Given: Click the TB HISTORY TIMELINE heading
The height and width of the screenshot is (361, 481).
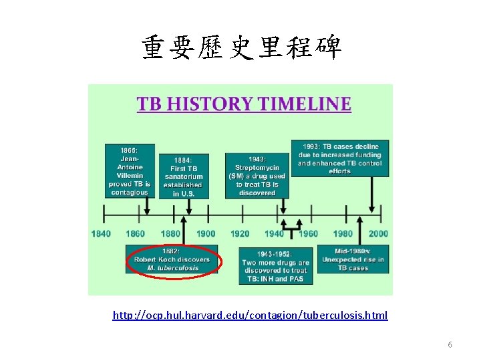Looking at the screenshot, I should (244, 104).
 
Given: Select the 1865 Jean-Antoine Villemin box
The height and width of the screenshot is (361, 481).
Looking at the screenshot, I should (130, 170).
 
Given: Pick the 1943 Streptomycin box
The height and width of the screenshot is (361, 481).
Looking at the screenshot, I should (257, 176).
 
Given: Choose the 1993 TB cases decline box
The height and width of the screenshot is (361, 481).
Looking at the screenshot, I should (340, 158).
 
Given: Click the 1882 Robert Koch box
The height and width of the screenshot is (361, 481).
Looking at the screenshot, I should (172, 259).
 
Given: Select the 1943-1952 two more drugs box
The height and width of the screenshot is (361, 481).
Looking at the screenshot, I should (276, 266).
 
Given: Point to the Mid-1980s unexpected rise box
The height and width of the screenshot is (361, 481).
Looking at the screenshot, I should (353, 259).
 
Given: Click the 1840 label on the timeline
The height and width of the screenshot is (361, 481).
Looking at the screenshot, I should (101, 233).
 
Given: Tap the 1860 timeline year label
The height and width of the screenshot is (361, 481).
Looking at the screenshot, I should (136, 233).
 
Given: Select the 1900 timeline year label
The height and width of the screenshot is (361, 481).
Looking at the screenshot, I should (206, 233).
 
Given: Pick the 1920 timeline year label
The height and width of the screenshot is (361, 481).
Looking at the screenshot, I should (240, 233).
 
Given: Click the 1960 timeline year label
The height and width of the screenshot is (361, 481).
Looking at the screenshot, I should (309, 233).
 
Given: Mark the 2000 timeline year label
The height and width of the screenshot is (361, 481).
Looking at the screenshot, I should (378, 233).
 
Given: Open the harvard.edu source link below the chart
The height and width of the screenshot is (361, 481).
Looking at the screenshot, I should (250, 315).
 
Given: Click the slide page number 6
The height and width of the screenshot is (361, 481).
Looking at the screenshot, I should (450, 345).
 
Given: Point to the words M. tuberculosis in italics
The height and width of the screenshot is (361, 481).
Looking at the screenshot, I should (172, 268).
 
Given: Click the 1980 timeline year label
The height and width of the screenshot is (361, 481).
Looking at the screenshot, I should (343, 233).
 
